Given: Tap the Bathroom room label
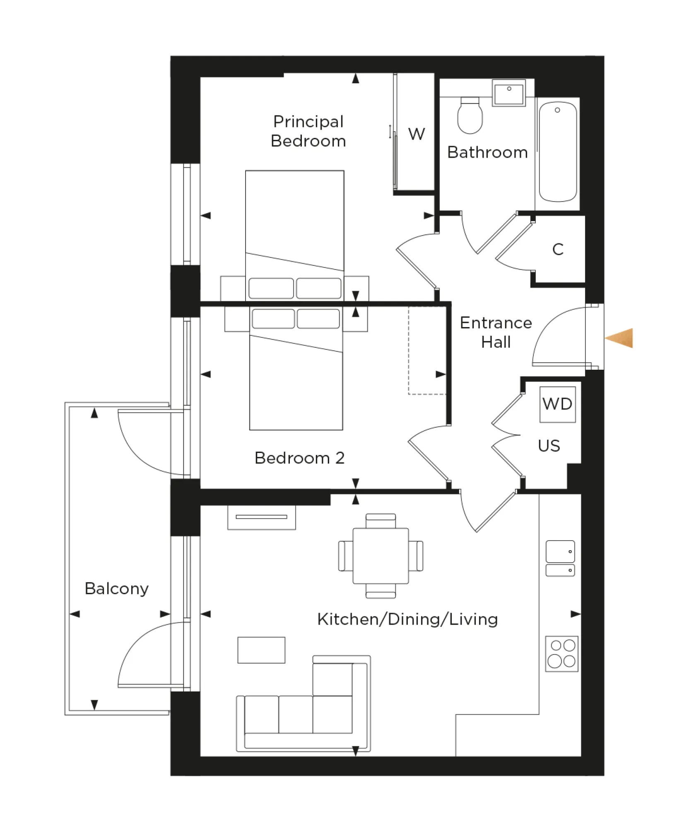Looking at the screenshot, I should (x=487, y=152).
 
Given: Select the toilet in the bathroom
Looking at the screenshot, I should (x=470, y=117).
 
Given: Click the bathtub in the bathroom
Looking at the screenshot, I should (x=557, y=152).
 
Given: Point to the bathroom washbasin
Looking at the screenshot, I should (x=509, y=93).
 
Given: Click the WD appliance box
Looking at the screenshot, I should (x=557, y=404).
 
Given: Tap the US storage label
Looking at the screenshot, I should (x=549, y=446).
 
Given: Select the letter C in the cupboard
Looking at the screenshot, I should (x=558, y=249).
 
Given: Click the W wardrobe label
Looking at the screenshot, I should (x=416, y=134).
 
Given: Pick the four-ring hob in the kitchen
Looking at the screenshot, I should (x=561, y=654).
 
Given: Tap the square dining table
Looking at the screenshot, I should (x=381, y=556).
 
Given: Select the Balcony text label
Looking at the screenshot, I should (x=116, y=588).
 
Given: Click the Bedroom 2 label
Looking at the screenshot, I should (x=299, y=458).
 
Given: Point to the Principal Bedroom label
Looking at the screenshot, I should (x=308, y=131).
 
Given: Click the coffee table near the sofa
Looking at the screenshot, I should (x=261, y=650).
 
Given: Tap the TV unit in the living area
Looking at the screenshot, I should (x=261, y=517).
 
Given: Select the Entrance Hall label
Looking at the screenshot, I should (x=496, y=332).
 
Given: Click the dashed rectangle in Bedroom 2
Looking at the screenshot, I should (x=426, y=350).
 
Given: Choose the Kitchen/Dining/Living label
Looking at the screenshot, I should (x=407, y=619).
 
